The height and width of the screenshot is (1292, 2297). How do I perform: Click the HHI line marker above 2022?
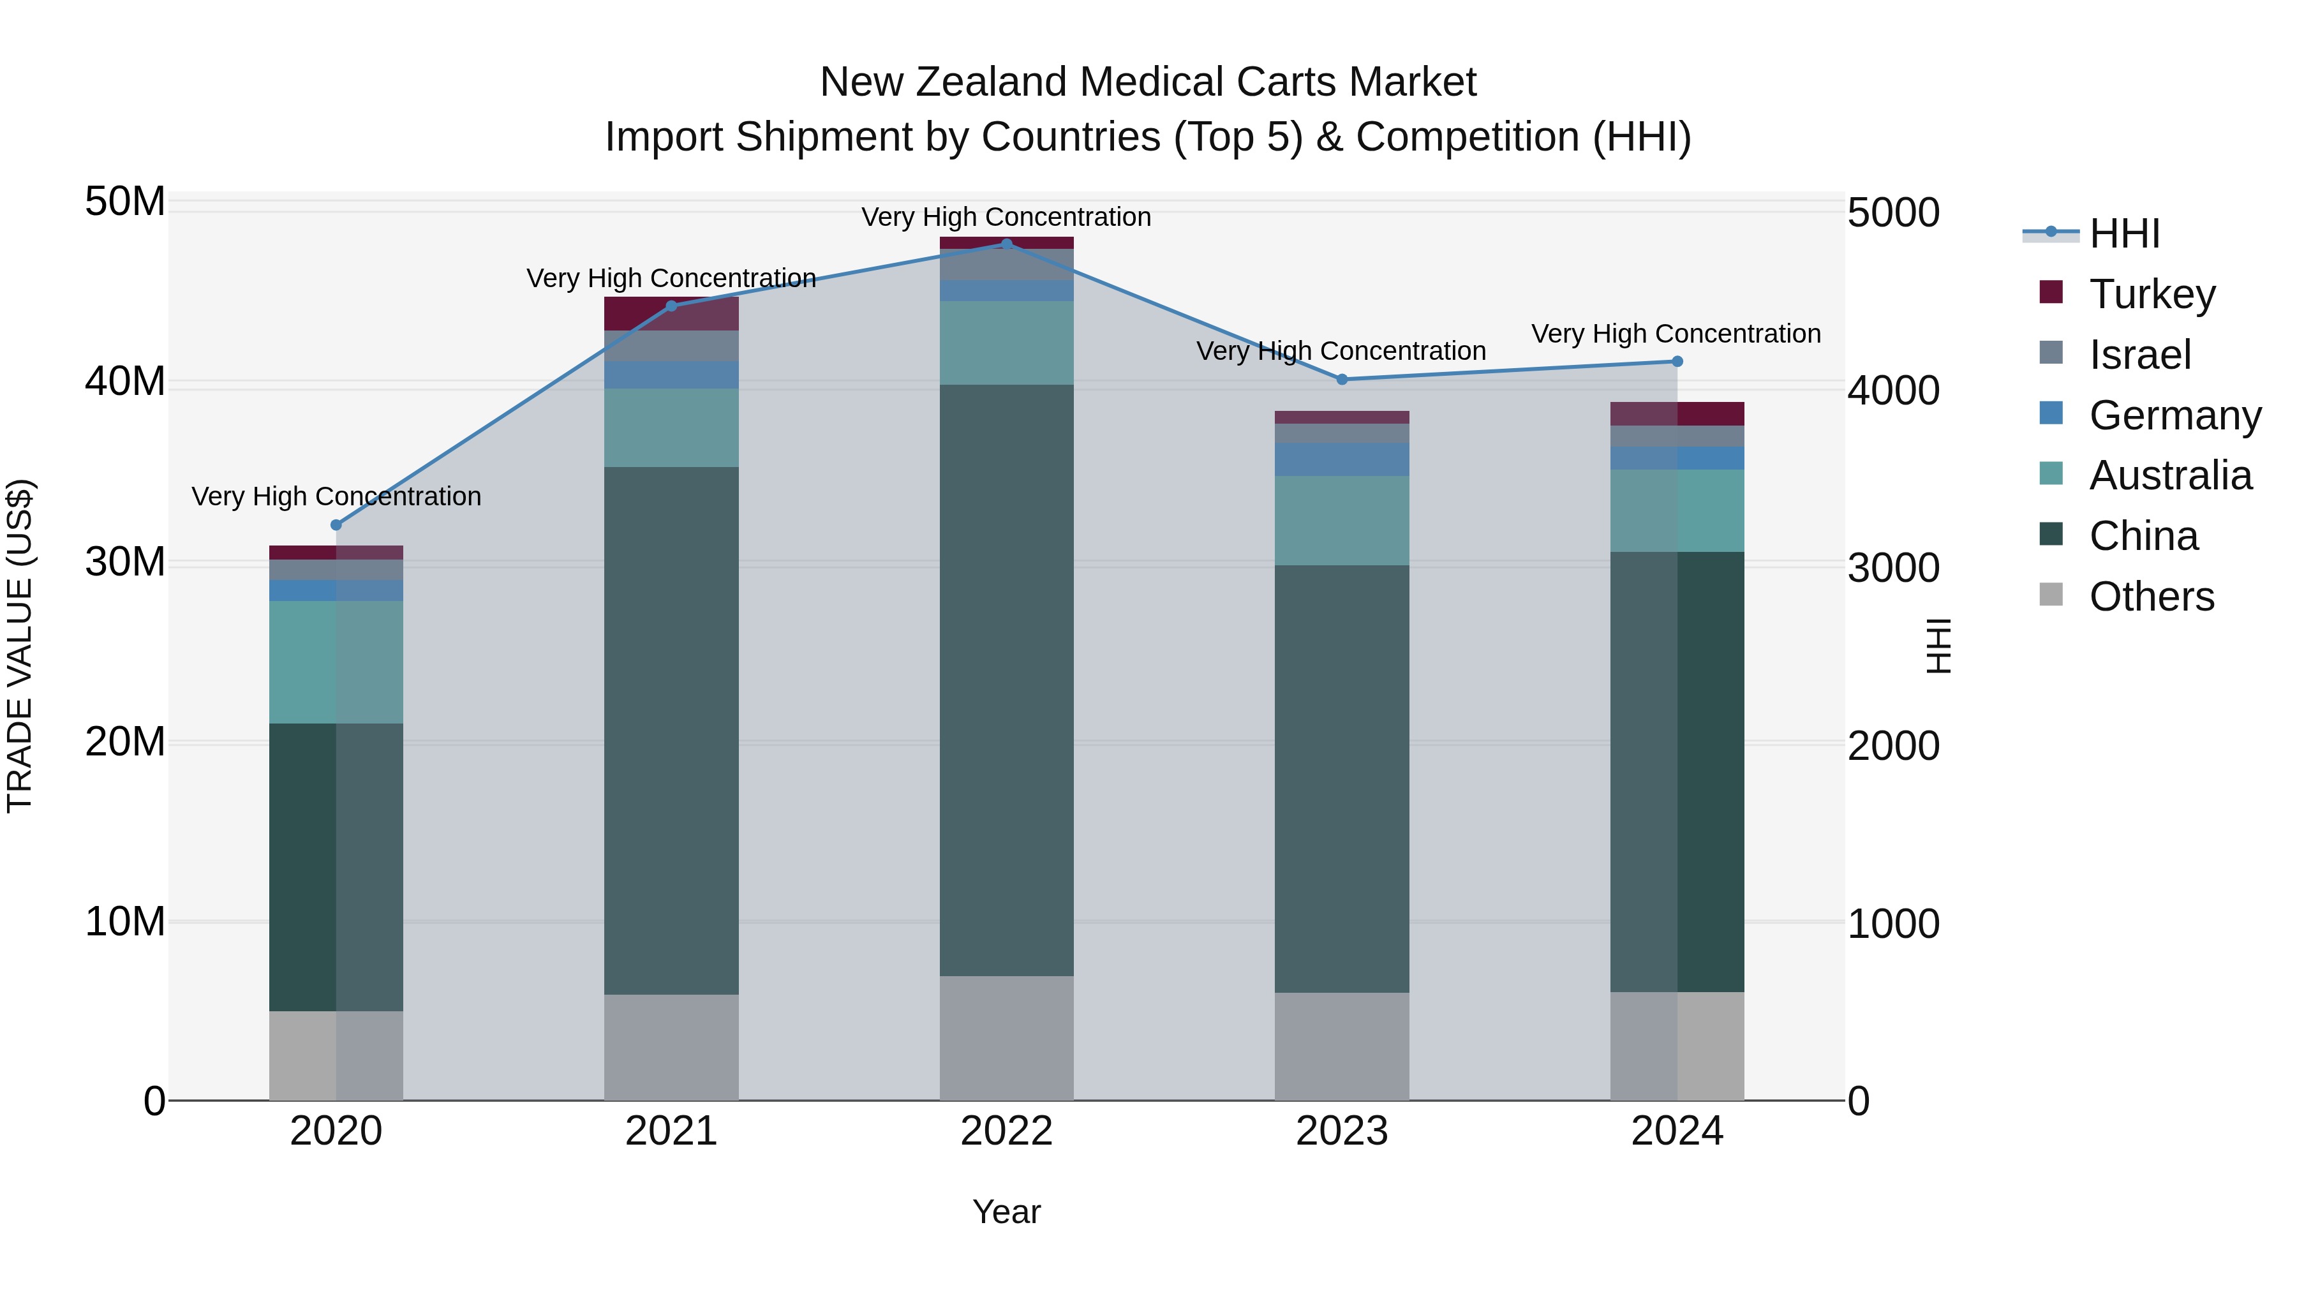(x=1007, y=244)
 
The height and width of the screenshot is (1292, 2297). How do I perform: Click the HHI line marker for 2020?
(x=336, y=524)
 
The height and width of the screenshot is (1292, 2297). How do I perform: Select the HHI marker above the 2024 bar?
(x=1676, y=361)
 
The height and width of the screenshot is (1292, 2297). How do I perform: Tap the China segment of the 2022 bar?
(x=1007, y=679)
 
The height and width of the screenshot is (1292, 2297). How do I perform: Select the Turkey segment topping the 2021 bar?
(x=671, y=313)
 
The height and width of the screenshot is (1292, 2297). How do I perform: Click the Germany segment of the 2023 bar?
(x=1341, y=459)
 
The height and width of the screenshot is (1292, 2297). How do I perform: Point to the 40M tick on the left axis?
(x=125, y=382)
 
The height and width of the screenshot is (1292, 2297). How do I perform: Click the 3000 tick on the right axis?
(x=1892, y=568)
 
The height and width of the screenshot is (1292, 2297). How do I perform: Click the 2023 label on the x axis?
(x=1341, y=1131)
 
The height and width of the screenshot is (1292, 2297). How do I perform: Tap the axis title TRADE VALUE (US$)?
(x=20, y=646)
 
